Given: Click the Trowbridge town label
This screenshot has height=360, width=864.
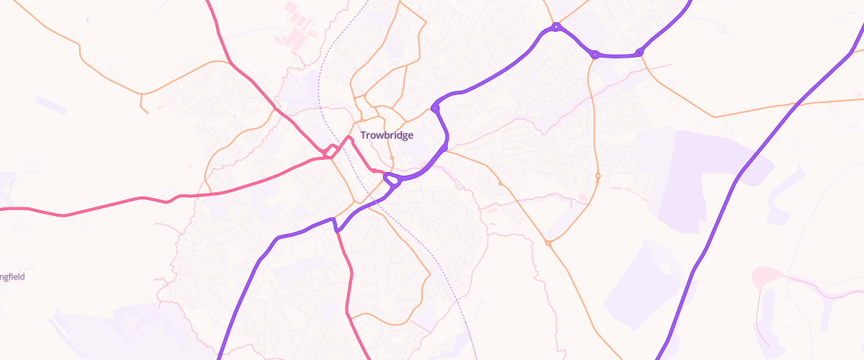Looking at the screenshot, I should pos(387,135).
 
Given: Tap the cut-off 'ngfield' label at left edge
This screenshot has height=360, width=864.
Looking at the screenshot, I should pos(12,276).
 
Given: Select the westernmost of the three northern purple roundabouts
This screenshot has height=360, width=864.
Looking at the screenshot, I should pos(556,27).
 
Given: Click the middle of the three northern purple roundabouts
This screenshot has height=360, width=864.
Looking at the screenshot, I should pos(595,53).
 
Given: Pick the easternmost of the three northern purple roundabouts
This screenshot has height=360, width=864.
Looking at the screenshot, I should pos(639,52).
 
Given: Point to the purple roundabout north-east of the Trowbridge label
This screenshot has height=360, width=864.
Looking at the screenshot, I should pos(435,108).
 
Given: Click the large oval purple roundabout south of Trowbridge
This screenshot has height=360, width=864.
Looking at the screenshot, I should pos(392,179).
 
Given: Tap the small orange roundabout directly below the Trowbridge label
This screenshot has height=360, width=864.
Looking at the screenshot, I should pos(391,158).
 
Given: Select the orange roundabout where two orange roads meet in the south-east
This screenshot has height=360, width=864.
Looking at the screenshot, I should pos(548,243).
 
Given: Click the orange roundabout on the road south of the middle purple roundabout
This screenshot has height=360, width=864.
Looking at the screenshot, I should pos(598,176).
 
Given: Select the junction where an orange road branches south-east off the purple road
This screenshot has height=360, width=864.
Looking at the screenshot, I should pos(446,150).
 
